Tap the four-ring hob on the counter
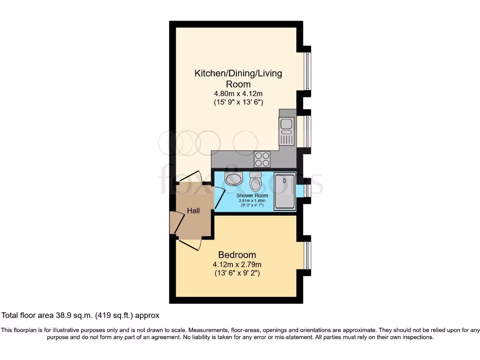click(262, 159)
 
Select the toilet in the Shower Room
click(255, 180)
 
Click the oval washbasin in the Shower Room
click(233, 178)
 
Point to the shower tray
click(285, 191)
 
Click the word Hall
click(193, 211)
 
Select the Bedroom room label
click(237, 255)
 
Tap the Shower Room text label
click(252, 195)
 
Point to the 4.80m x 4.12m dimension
click(238, 93)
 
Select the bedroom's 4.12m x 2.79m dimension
click(237, 264)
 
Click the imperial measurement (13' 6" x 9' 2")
click(237, 272)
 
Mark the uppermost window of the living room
click(307, 71)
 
